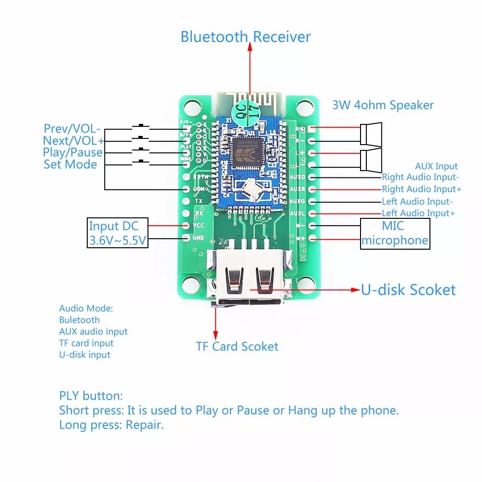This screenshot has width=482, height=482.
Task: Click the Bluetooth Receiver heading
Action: tap(245, 37)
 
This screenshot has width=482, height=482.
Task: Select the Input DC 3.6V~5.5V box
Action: tap(117, 233)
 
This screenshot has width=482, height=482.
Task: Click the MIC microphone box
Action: tap(395, 233)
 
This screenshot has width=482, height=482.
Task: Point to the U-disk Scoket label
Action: tap(408, 290)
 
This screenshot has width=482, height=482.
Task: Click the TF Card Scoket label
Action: tap(237, 347)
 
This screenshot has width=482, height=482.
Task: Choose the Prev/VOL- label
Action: tap(72, 129)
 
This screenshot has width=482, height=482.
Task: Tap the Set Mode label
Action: tap(70, 164)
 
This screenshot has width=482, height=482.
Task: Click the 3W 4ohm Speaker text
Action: tap(383, 105)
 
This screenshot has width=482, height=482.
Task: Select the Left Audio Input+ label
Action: tap(418, 213)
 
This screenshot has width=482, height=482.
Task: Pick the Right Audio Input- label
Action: tap(420, 177)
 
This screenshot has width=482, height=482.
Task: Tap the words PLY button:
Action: tap(91, 396)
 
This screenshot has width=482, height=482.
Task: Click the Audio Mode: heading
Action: tap(86, 308)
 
